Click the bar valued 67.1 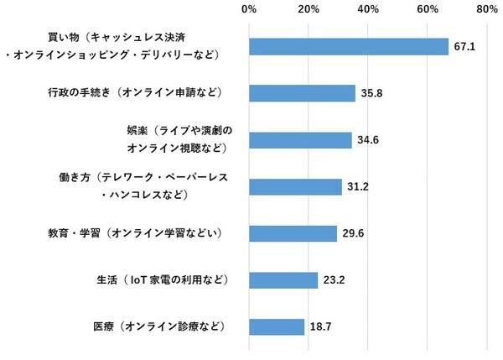tap(349, 47)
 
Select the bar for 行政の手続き tap(302, 93)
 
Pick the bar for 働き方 tap(295, 187)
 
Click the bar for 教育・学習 tap(293, 233)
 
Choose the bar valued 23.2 tap(283, 279)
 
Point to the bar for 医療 tap(277, 326)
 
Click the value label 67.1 tap(465, 47)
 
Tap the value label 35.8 tap(372, 94)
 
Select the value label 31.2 tap(359, 187)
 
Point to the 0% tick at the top tap(249, 10)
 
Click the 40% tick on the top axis tap(368, 10)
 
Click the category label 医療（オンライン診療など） tap(163, 326)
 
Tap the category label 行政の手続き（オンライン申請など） tap(145, 93)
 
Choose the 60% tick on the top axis tap(428, 10)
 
